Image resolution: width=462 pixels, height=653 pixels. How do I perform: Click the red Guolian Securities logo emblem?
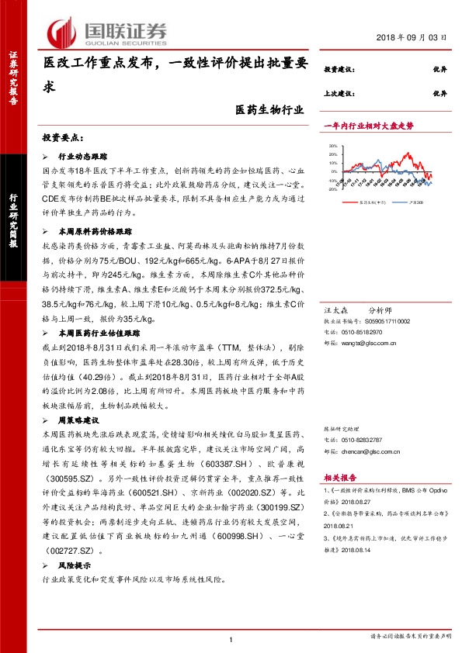tap(61, 31)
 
